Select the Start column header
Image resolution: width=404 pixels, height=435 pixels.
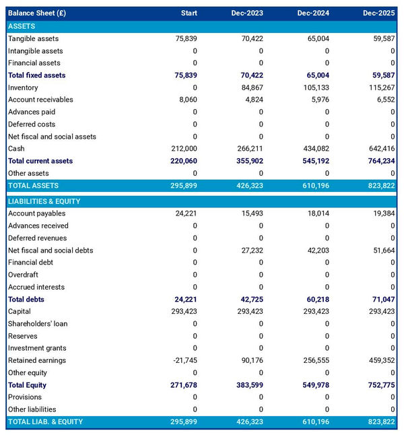coord(189,13)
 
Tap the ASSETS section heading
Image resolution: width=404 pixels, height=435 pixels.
coord(22,26)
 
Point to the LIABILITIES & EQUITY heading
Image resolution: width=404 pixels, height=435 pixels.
coord(44,201)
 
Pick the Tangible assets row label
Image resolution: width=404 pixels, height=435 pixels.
coord(34,38)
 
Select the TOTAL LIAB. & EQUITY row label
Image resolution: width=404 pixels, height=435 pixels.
coord(46,422)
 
